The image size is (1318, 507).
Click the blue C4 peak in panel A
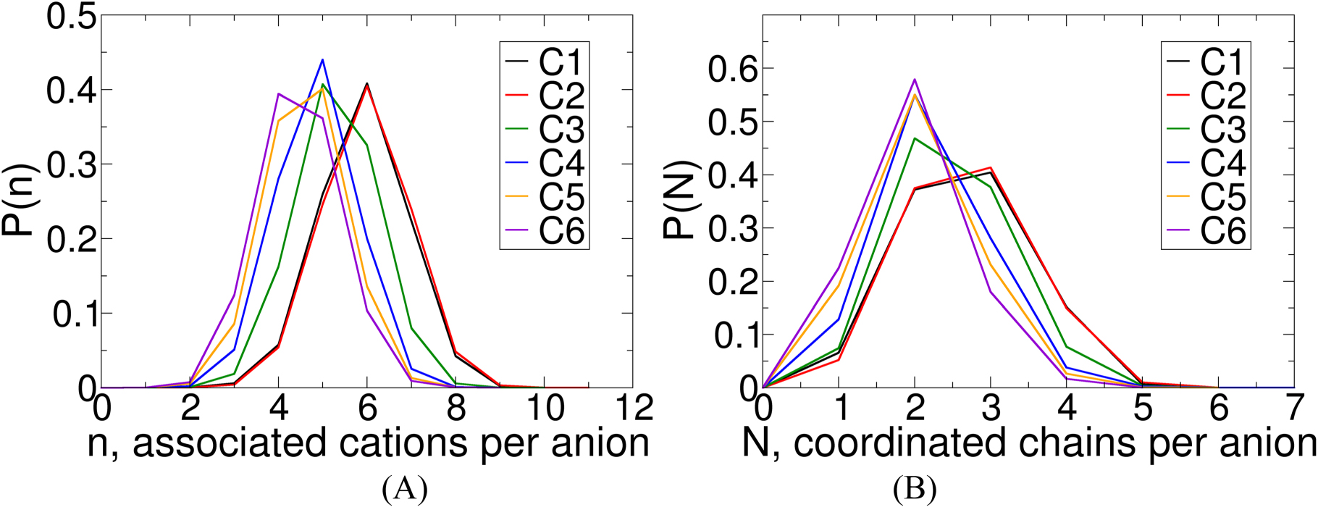click(322, 59)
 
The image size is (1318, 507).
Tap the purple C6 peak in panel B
click(915, 79)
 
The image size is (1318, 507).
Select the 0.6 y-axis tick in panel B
click(731, 69)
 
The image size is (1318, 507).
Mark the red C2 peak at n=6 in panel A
click(367, 85)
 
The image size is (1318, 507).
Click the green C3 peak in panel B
click(915, 138)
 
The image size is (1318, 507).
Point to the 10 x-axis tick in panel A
click(545, 409)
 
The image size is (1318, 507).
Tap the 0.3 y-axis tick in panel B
click(731, 228)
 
